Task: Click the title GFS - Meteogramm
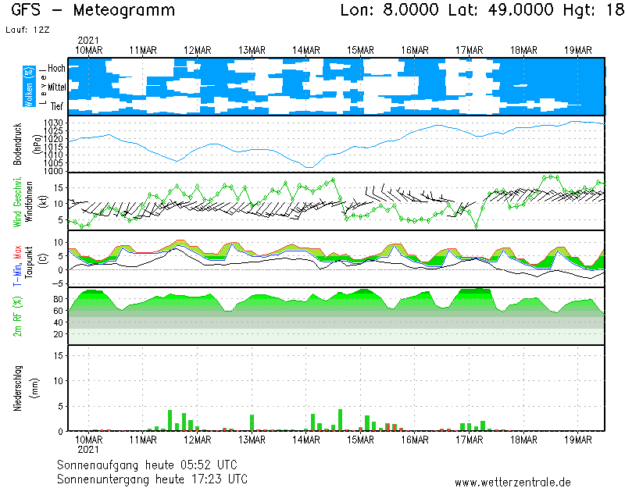(93, 11)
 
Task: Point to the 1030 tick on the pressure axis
(53, 123)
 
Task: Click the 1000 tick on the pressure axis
(53, 170)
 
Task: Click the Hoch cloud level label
(56, 69)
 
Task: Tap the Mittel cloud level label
(56, 87)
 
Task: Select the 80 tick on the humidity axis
(58, 298)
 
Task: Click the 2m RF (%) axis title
(18, 316)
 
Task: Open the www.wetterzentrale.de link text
(512, 482)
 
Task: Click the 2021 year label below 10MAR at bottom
(89, 450)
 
